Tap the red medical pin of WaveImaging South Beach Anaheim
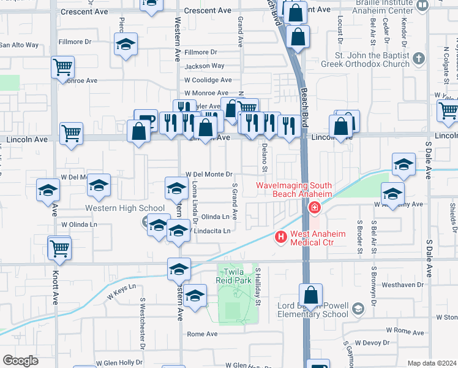(315, 208)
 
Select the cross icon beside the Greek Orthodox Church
(418, 59)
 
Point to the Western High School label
(125, 209)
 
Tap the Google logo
(20, 360)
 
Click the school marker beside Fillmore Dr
(126, 45)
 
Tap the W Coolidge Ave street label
(208, 80)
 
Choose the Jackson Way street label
(205, 66)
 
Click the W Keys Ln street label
(121, 291)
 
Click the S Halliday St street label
(258, 286)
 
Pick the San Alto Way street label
(19, 45)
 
